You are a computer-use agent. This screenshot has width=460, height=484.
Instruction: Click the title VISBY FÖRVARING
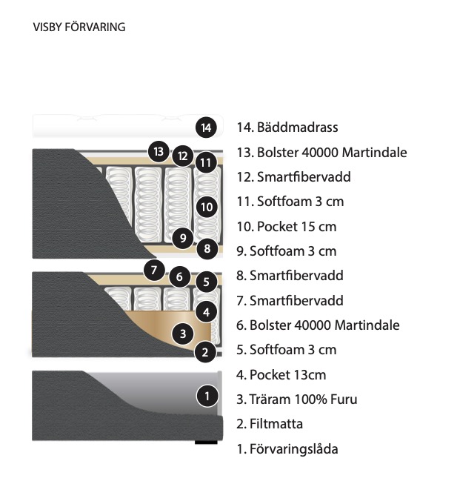tap(79, 27)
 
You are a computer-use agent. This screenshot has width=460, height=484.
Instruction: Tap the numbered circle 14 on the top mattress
tap(206, 127)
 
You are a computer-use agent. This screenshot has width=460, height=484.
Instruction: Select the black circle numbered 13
tap(159, 151)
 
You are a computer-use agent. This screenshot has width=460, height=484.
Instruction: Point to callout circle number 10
tap(207, 207)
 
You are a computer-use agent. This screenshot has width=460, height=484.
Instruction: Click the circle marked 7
tap(154, 271)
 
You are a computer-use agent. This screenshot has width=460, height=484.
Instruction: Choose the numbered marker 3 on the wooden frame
tap(183, 334)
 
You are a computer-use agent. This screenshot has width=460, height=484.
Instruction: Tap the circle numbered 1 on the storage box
tap(207, 396)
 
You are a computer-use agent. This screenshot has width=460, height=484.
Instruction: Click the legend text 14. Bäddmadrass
tap(287, 127)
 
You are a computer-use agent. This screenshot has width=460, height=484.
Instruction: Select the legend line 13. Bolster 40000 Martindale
tap(321, 153)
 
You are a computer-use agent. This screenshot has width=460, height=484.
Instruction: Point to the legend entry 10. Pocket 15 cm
tap(287, 227)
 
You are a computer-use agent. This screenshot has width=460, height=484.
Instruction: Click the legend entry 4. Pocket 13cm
tap(281, 375)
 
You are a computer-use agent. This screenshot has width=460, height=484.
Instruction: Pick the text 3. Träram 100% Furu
tap(297, 399)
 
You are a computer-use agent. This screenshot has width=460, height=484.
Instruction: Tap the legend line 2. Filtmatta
tap(270, 424)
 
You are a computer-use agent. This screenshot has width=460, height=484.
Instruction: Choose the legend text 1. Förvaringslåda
tap(287, 449)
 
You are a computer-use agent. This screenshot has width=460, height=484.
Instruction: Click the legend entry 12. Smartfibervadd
tap(294, 177)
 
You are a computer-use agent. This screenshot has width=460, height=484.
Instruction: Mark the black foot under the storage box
tap(206, 442)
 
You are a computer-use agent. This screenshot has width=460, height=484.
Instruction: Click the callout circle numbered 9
tap(183, 238)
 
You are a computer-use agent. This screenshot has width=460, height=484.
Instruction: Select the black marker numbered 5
tap(207, 282)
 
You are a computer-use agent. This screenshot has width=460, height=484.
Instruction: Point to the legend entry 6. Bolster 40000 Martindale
tap(318, 325)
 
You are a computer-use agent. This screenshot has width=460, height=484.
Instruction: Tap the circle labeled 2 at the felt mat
tap(205, 352)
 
